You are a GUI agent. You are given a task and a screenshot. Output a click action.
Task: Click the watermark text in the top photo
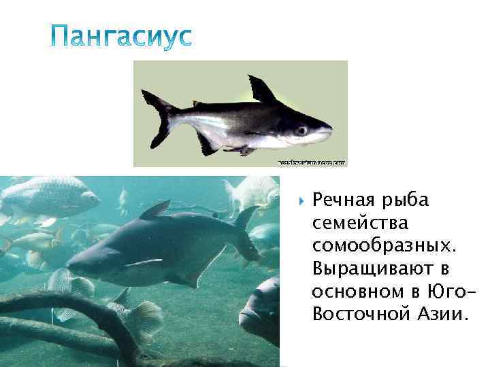[x=312, y=163]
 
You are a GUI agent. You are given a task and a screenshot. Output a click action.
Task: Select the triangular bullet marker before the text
[x=300, y=203]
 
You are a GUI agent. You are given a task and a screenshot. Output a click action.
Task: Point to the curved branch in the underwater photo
[x=102, y=306]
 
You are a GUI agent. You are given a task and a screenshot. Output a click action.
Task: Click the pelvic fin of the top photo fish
[x=240, y=150]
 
